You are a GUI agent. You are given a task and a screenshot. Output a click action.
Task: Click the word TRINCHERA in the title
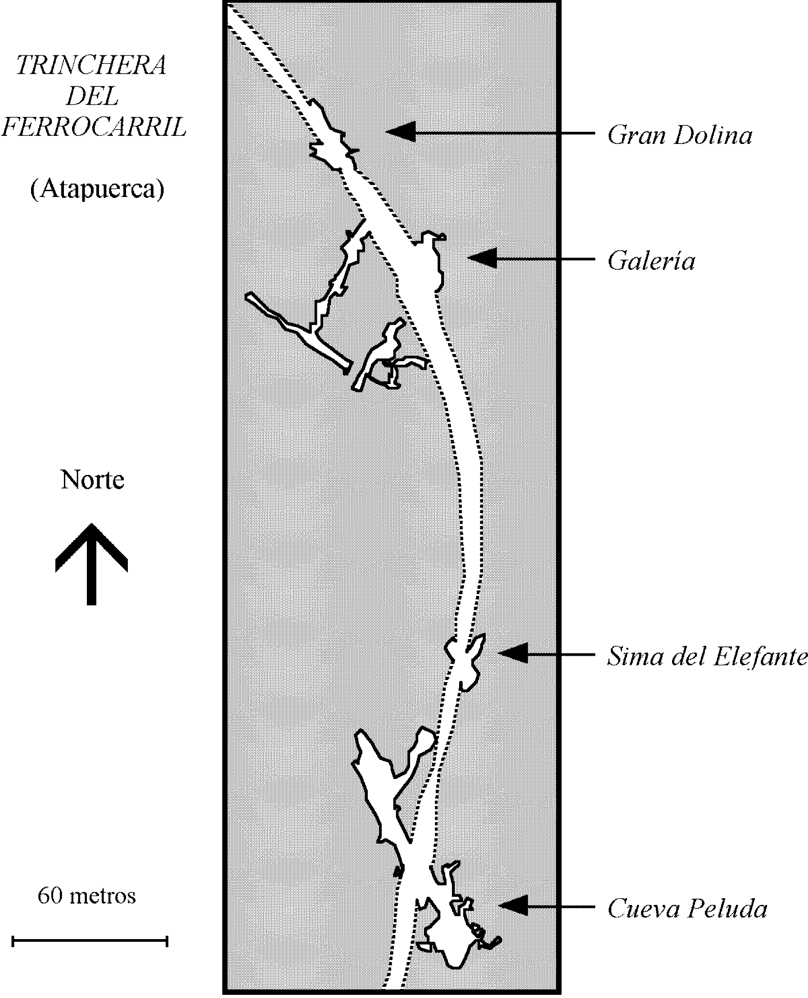pyautogui.click(x=91, y=66)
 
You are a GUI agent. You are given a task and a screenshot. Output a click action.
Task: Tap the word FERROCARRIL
pyautogui.click(x=94, y=126)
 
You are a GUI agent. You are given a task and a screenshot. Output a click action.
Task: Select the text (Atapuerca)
pyautogui.click(x=97, y=189)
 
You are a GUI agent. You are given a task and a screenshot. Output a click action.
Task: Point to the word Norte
pyautogui.click(x=92, y=480)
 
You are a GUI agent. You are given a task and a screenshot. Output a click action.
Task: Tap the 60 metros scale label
pyautogui.click(x=86, y=896)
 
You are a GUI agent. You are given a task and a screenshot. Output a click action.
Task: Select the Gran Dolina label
pyautogui.click(x=680, y=136)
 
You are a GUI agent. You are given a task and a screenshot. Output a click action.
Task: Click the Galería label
pyautogui.click(x=651, y=261)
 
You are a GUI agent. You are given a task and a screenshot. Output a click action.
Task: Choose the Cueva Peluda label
pyautogui.click(x=687, y=908)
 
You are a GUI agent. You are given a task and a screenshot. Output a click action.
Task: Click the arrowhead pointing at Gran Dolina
pyautogui.click(x=400, y=132)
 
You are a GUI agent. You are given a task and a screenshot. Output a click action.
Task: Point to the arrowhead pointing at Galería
pyautogui.click(x=482, y=258)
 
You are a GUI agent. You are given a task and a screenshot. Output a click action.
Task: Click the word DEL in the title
pyautogui.click(x=92, y=97)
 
